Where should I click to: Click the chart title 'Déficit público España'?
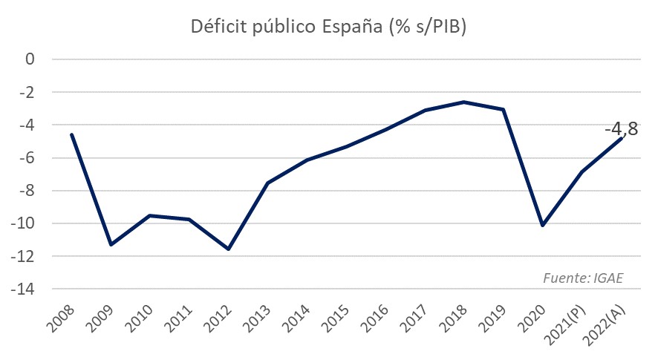pos(286,27)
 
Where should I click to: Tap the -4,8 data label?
pos(621,129)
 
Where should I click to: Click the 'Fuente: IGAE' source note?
pos(583,278)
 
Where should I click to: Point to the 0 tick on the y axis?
pos(30,59)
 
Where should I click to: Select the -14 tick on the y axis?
pos(23,289)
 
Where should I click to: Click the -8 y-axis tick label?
pos(26,191)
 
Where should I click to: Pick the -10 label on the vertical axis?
pos(23,223)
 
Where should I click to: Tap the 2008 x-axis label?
pos(60,319)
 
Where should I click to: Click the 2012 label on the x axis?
pos(218,319)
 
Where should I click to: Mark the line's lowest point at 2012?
pos(229,249)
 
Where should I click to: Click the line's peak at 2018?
pos(464,102)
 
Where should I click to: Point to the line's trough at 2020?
pos(543,226)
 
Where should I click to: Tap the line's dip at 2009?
pos(111,245)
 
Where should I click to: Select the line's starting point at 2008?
pos(72,134)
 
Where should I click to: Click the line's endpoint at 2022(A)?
pos(621,138)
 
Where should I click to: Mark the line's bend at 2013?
pos(268,183)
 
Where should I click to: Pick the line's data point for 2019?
pos(503,110)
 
